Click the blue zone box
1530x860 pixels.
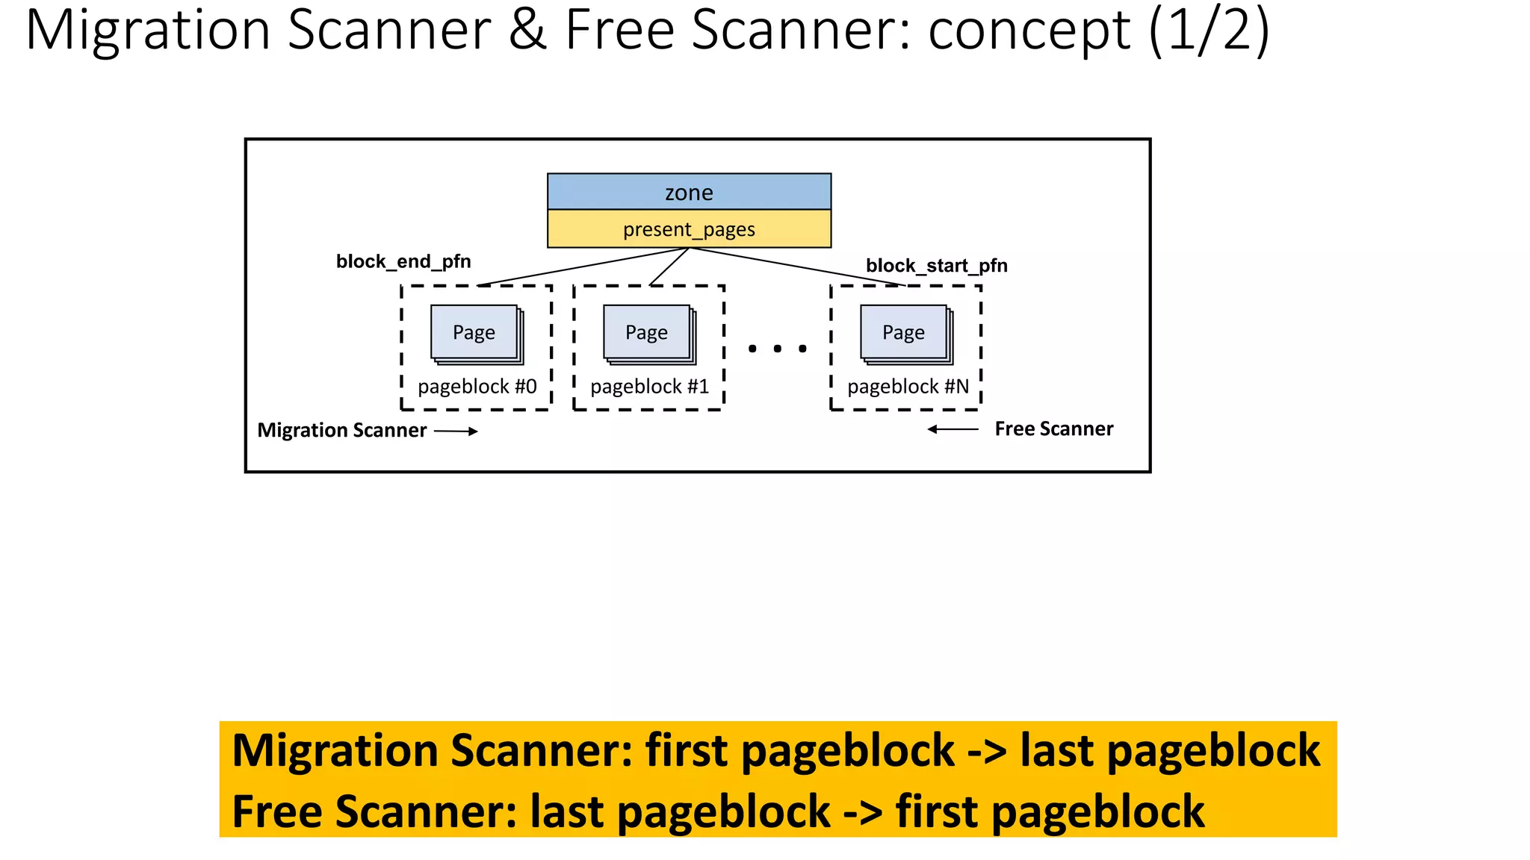(689, 192)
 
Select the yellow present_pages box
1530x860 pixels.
(689, 228)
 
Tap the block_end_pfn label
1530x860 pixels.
(403, 261)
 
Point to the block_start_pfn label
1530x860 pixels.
(936, 266)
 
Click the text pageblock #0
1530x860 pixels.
(477, 387)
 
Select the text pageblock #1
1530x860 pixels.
(649, 387)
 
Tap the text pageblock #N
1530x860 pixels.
(908, 387)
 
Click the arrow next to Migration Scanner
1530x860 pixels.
(456, 431)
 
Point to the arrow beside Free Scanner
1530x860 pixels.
(953, 429)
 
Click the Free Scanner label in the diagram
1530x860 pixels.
(1053, 429)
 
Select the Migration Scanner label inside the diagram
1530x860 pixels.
(342, 431)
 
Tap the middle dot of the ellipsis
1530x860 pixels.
(778, 349)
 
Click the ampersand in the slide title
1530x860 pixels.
(527, 30)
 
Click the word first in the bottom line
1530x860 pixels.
(937, 811)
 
